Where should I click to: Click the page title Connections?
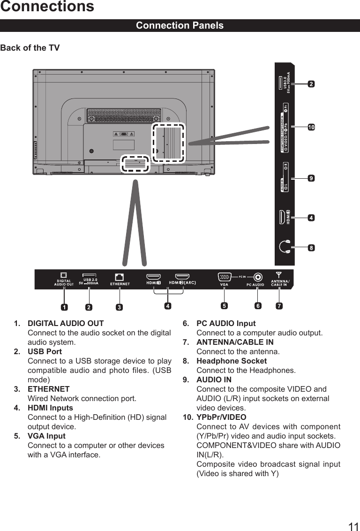click(47, 7)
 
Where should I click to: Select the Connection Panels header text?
click(180, 25)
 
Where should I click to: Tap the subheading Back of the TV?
click(30, 48)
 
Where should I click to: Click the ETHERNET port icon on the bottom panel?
click(119, 277)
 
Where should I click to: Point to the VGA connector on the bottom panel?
click(224, 277)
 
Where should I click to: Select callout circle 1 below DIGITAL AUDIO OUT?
click(63, 308)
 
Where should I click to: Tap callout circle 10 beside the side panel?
click(311, 127)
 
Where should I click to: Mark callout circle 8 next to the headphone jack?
click(311, 247)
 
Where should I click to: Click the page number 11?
click(353, 527)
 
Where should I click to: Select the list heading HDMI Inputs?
click(50, 408)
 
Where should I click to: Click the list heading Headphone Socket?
click(232, 361)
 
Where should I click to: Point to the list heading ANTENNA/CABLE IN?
click(235, 342)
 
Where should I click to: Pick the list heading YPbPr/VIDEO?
click(221, 417)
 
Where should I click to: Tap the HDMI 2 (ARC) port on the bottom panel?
click(182, 277)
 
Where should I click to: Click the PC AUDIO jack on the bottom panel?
click(257, 277)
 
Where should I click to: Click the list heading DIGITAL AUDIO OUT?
click(66, 323)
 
